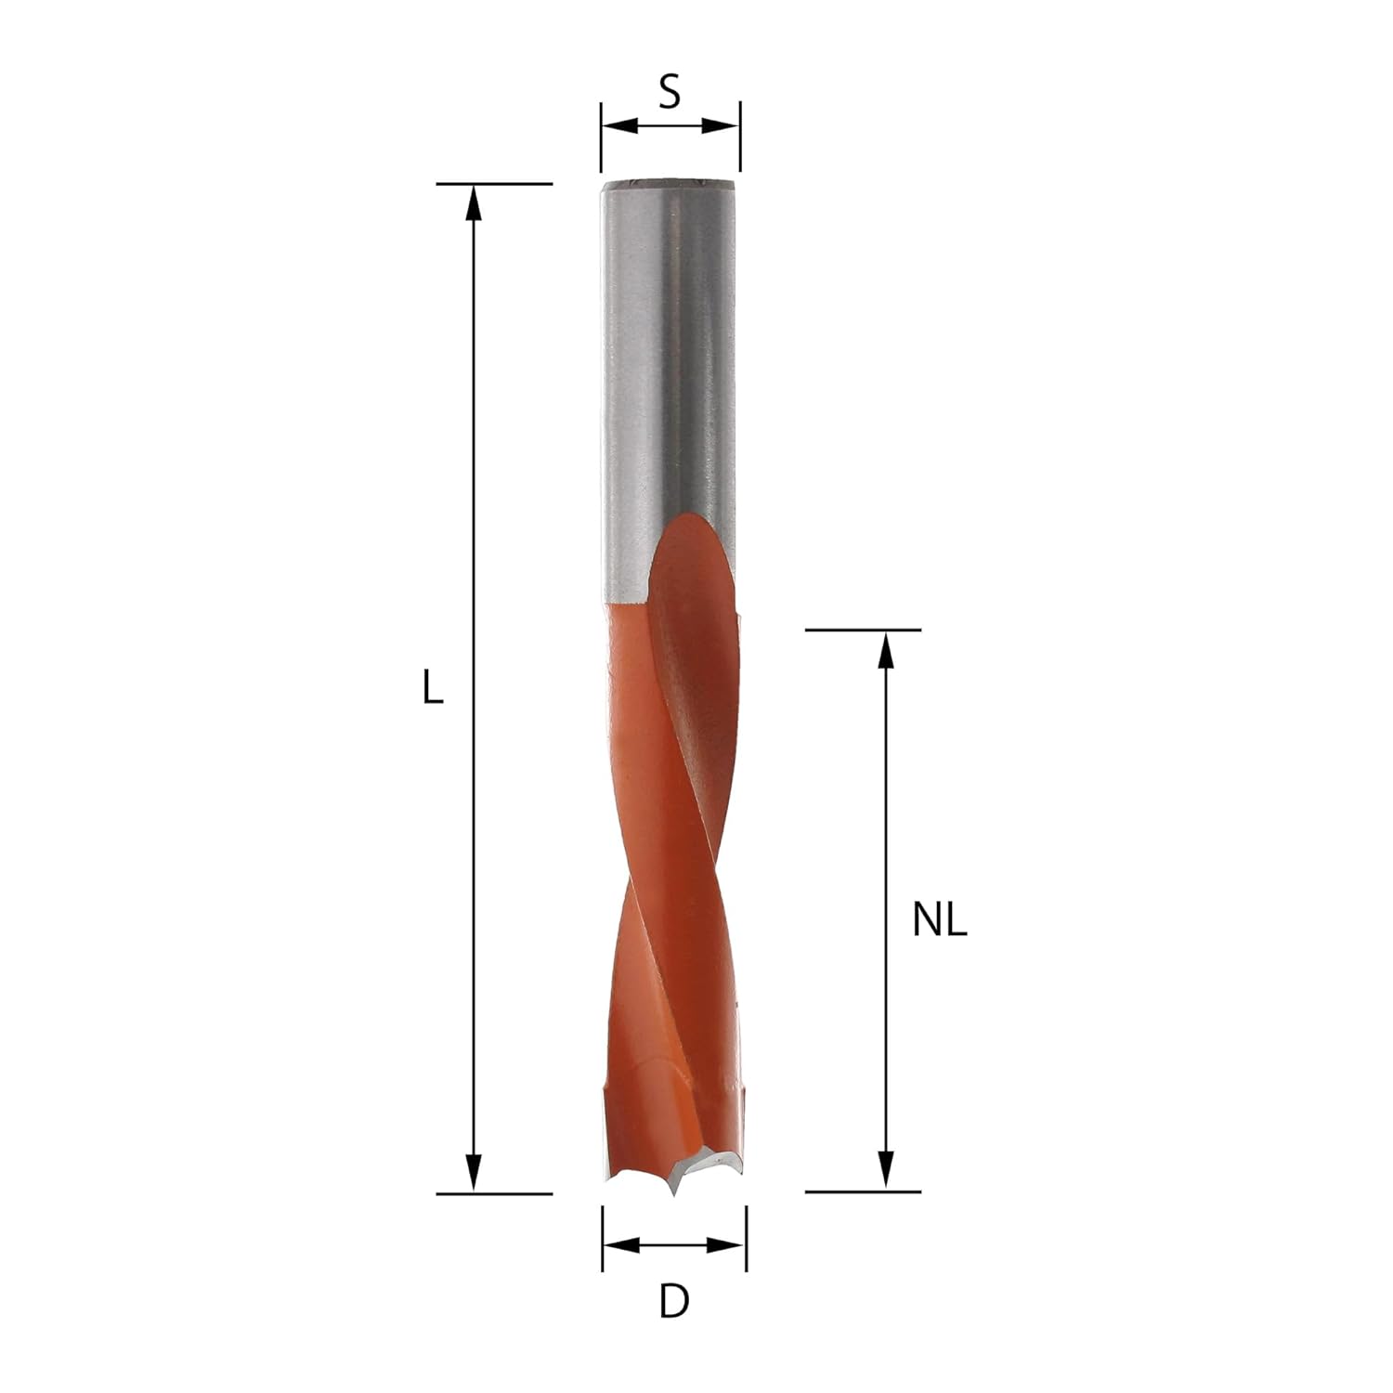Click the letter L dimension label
[432, 688]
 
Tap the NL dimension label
[940, 920]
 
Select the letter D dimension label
[674, 1301]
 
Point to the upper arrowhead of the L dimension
[474, 202]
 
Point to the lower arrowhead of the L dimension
[474, 1173]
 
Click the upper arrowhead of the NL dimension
[886, 649]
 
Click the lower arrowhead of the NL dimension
[886, 1172]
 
